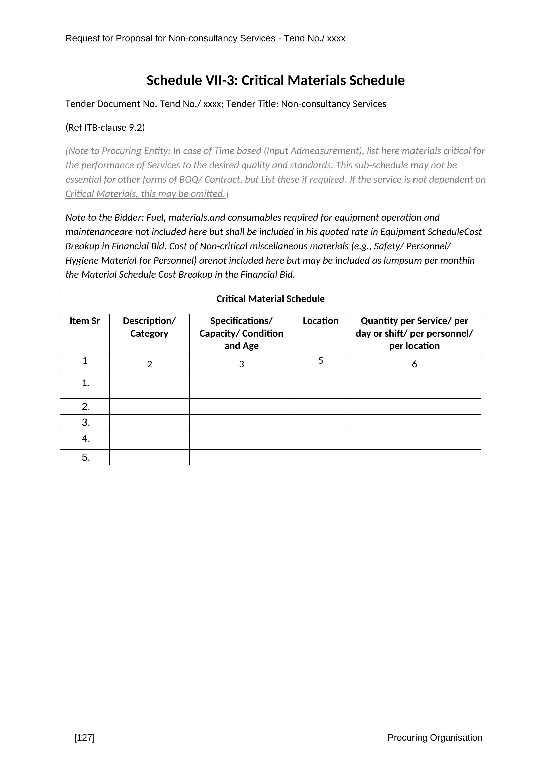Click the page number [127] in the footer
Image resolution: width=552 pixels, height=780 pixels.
(85, 738)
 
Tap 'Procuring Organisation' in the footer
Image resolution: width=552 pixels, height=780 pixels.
(435, 738)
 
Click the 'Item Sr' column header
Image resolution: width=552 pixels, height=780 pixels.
(85, 321)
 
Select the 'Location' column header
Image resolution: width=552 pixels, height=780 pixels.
(320, 321)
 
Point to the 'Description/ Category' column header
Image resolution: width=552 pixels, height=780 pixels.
(149, 327)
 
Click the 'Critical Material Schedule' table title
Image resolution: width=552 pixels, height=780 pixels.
(270, 299)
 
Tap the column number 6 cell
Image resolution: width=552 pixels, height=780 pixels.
(415, 364)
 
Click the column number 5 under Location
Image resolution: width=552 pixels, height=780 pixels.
(320, 361)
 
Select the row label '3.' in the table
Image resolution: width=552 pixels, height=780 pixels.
(86, 422)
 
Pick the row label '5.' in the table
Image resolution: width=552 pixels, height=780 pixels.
(86, 457)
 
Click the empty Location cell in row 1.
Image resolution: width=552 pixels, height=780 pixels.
(320, 387)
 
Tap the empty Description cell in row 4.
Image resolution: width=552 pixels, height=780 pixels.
(149, 439)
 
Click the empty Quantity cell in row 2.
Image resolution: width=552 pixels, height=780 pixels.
(415, 406)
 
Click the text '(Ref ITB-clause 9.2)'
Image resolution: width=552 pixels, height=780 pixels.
(105, 128)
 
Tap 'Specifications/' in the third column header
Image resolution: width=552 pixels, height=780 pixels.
(241, 321)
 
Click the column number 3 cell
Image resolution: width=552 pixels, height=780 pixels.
(241, 364)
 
